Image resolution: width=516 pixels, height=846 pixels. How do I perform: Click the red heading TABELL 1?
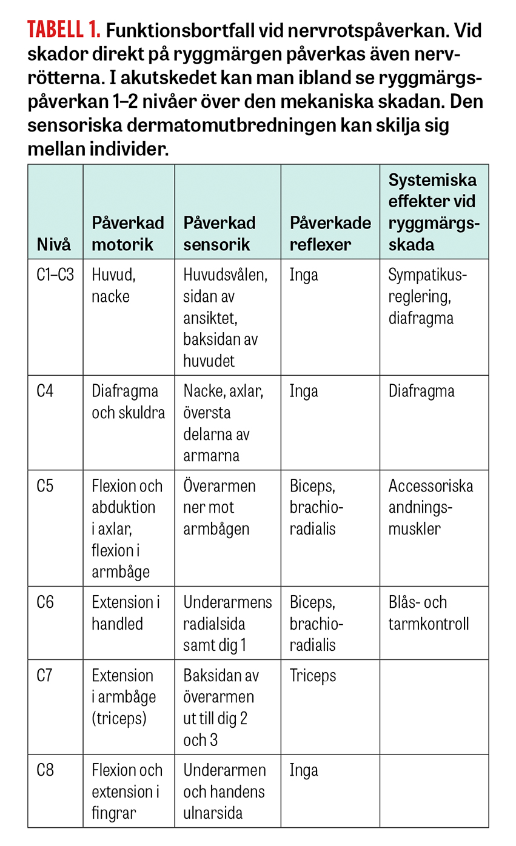click(63, 31)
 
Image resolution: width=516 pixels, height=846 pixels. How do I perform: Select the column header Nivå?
click(54, 244)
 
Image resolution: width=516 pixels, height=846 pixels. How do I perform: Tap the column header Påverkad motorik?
click(128, 233)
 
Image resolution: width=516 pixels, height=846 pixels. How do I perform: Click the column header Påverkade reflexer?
click(330, 233)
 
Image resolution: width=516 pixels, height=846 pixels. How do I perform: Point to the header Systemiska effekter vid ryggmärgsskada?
click(432, 212)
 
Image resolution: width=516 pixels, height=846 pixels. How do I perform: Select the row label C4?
click(45, 391)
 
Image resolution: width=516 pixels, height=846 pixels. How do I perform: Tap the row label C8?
click(45, 770)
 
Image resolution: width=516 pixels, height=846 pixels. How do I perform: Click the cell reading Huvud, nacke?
click(114, 286)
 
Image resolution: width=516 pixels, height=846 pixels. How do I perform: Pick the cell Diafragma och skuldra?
click(128, 402)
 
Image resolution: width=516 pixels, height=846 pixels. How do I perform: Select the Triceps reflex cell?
click(312, 675)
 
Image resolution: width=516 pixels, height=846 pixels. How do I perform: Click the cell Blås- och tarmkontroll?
click(428, 613)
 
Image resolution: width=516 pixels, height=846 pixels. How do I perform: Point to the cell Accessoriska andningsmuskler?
click(431, 507)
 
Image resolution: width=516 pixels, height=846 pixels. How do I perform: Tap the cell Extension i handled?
click(126, 613)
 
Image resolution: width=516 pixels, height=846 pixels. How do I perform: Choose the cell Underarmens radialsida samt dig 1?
click(227, 624)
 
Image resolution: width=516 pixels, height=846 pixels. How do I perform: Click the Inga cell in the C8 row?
click(304, 770)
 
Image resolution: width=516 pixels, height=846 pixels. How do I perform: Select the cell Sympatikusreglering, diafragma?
click(428, 296)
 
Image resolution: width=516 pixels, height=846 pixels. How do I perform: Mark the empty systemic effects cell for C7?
click(434, 707)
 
